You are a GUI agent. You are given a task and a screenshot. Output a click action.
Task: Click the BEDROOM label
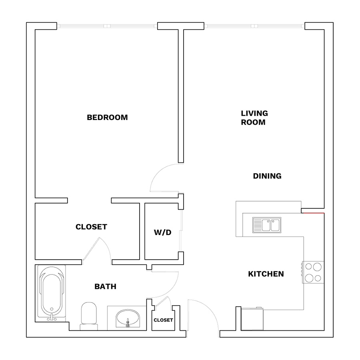[x=107, y=117]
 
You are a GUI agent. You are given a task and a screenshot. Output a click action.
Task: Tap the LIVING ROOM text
[x=254, y=118]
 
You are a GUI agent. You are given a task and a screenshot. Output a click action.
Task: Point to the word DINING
[x=267, y=176]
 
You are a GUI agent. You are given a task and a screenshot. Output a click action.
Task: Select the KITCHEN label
[x=266, y=274]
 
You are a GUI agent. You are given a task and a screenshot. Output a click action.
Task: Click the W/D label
[x=162, y=232]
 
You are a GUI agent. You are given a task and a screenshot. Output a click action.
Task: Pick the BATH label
[x=105, y=286]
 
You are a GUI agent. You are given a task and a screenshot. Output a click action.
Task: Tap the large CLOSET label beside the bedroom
[x=91, y=227]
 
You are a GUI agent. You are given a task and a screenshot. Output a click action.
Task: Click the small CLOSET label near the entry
[x=163, y=320]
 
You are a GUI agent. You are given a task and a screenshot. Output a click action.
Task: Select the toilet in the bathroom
[x=89, y=316]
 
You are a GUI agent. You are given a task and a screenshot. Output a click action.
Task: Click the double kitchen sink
[x=266, y=225]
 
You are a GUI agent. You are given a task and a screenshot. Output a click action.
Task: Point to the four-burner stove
[x=313, y=272]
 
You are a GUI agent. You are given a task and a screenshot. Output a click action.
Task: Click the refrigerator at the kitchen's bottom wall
[x=252, y=319]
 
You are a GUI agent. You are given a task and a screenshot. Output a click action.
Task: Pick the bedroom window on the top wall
[x=107, y=26]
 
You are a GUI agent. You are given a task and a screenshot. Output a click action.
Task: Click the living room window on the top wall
[x=254, y=26]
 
